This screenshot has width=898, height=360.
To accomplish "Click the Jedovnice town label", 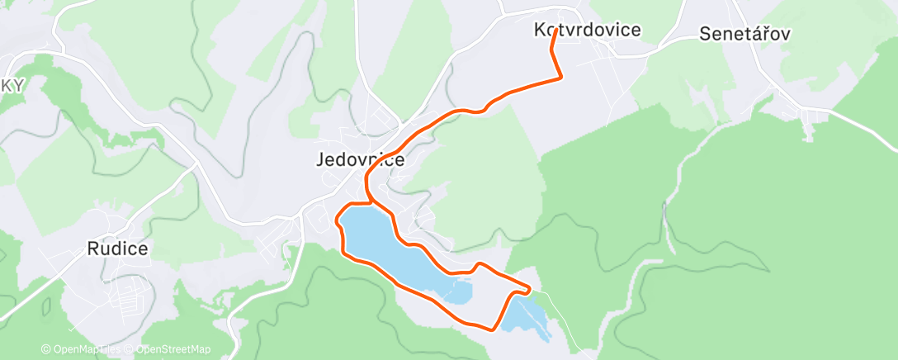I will tap(360, 160).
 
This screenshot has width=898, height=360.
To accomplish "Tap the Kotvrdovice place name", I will tap(587, 31).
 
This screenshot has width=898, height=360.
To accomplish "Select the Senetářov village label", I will tap(745, 35).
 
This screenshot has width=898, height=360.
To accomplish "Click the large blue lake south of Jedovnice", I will tap(388, 248).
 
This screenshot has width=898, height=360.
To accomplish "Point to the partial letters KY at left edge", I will tap(12, 86).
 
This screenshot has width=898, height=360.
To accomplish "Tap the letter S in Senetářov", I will tap(706, 35).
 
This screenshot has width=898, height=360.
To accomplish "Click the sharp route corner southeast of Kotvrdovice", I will tap(561, 78).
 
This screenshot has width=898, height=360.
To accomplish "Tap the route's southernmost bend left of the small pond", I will tap(493, 329).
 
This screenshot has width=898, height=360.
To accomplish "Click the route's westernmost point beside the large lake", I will tap(336, 221).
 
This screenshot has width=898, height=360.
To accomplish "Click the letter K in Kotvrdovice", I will tap(541, 31).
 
